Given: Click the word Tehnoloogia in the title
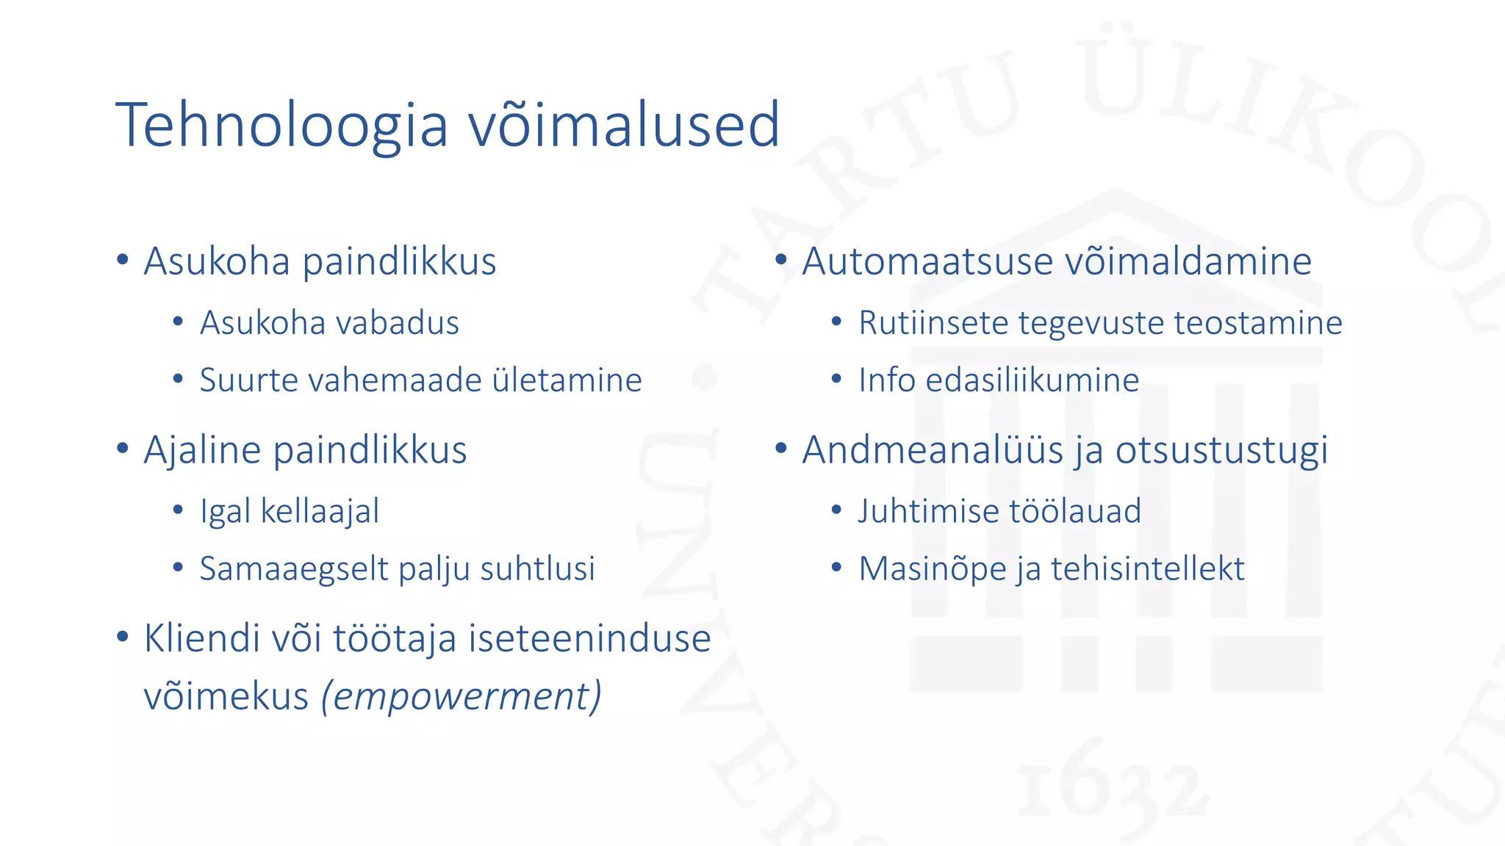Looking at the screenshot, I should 281,125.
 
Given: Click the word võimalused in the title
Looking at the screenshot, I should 624,125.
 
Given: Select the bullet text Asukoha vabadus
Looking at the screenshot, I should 329,323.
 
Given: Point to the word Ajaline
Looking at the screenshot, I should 202,450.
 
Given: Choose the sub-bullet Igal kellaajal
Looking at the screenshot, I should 290,511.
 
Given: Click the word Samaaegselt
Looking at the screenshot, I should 283,569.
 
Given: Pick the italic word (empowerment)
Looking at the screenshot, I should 461,695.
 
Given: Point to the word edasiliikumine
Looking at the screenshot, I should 1032,380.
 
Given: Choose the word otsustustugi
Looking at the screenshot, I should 1221,450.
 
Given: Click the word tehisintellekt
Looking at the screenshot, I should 1148,569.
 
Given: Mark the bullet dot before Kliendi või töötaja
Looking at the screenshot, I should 123,636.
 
